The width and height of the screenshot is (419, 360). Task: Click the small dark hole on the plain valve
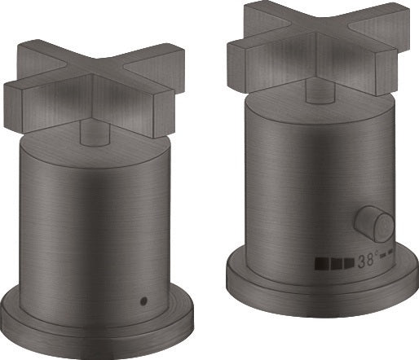click(143, 301)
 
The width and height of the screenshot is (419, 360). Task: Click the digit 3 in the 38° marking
click(362, 261)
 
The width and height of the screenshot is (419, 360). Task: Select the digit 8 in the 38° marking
click(370, 260)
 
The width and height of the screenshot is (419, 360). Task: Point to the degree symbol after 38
click(377, 253)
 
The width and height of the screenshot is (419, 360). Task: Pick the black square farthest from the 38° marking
click(322, 264)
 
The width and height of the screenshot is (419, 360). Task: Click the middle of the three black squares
click(337, 263)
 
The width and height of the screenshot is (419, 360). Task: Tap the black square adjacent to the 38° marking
click(349, 262)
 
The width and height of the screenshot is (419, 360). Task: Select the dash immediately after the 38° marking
click(383, 255)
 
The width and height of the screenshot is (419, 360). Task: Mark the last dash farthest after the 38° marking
click(390, 252)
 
